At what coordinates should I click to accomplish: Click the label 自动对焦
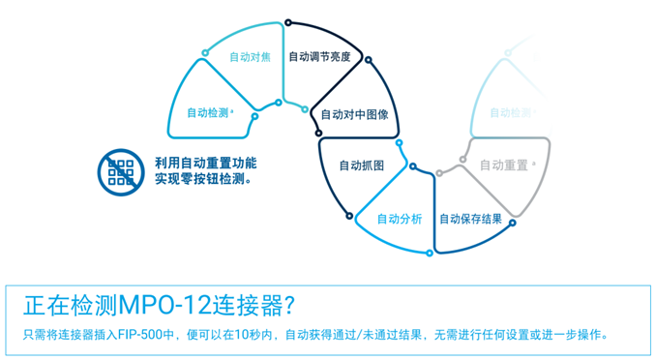tap(249, 57)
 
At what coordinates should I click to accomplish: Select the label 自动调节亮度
tap(319, 57)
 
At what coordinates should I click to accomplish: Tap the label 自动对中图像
tap(354, 114)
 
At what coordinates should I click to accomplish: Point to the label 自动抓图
tap(361, 165)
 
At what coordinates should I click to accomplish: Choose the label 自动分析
tap(399, 219)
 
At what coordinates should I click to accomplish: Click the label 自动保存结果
tap(470, 219)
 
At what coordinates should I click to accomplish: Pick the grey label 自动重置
tap(503, 165)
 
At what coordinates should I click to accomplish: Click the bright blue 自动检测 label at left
tap(208, 113)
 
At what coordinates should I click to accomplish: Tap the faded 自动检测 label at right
tap(510, 113)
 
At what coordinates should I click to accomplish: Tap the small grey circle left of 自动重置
tap(439, 173)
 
